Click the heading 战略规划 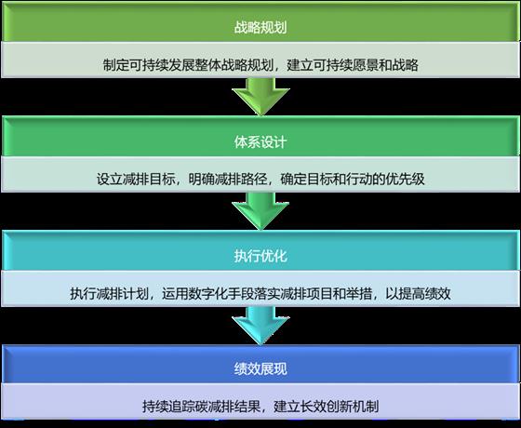(260, 27)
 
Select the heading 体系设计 (260, 141)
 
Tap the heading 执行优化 (260, 256)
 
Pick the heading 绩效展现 (260, 368)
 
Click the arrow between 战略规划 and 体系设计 (260, 97)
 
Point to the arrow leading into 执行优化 (260, 211)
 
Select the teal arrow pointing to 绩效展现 (260, 325)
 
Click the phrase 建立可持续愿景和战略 (353, 65)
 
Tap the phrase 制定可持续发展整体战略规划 (188, 65)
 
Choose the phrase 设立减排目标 (136, 179)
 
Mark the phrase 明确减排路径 (228, 179)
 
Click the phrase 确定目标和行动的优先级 (353, 179)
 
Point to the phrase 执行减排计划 (110, 293)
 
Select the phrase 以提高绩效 (418, 293)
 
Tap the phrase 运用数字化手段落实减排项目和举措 (267, 293)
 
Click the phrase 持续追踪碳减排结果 (201, 407)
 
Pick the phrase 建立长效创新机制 (327, 407)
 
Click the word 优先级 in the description (405, 179)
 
